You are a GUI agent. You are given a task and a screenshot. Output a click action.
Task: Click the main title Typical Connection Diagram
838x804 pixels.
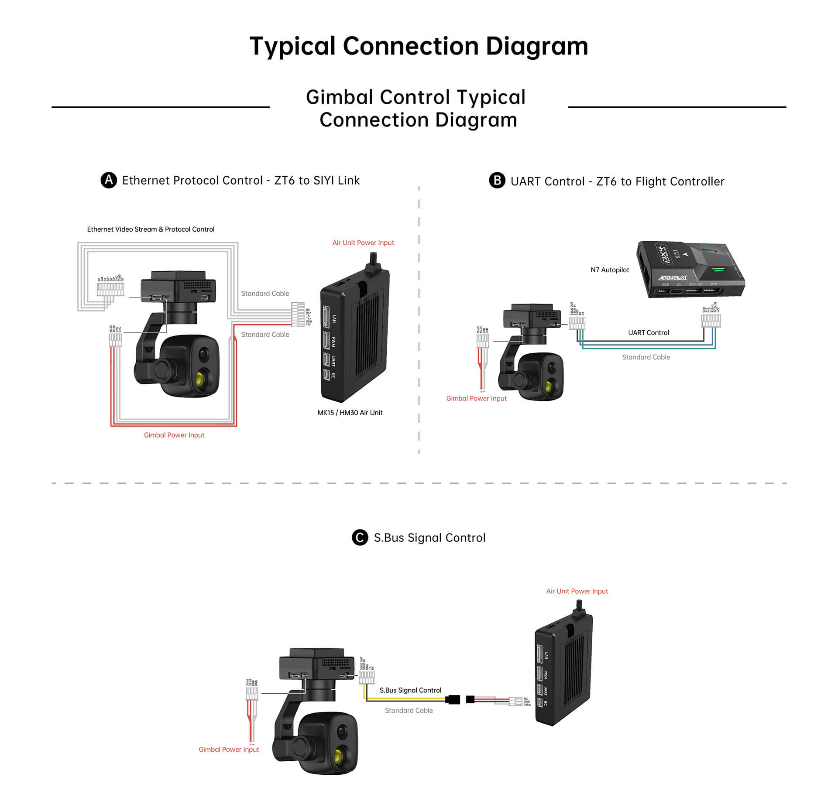coord(419,46)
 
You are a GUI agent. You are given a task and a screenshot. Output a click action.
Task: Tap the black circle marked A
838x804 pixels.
coord(109,180)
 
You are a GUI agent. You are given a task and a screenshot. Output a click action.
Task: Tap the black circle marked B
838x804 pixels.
coord(497,181)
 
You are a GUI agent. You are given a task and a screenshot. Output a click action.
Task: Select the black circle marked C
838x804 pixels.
coord(360,537)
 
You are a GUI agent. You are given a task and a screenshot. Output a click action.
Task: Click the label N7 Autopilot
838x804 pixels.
coord(609,270)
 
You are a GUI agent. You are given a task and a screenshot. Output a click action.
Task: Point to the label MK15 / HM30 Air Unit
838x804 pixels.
coord(350,413)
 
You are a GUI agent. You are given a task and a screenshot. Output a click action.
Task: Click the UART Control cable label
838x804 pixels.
coord(648,333)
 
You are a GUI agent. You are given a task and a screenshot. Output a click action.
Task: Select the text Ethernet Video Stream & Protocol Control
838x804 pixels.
coord(151,229)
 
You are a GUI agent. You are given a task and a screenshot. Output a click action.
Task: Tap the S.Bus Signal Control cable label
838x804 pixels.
coord(410,690)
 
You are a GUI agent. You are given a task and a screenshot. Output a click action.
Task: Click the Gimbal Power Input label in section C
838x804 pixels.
coord(229,749)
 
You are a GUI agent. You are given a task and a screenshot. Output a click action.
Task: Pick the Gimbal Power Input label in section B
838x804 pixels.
coord(476,398)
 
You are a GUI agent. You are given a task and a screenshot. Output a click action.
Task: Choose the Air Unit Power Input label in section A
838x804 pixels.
coord(363,243)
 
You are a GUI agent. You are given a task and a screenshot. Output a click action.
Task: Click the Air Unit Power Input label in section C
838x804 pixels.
coord(577,591)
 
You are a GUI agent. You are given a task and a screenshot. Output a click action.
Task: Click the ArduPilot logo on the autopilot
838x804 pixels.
coord(672,278)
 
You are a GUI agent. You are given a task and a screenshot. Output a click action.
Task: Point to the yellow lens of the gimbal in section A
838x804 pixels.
coord(201,378)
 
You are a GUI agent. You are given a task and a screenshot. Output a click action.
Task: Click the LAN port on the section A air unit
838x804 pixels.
coord(326,317)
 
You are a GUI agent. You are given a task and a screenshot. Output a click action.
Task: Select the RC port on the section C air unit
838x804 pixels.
coord(540,703)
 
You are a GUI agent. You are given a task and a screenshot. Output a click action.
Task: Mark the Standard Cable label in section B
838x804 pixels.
coord(646,357)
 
